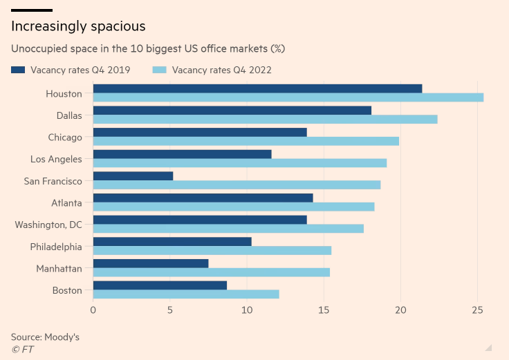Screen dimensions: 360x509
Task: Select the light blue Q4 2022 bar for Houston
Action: pyautogui.click(x=288, y=97)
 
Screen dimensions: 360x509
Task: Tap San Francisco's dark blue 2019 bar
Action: pyautogui.click(x=133, y=176)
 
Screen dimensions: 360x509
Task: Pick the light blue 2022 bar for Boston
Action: pyautogui.click(x=186, y=294)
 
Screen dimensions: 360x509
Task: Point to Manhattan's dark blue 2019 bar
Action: pyautogui.click(x=151, y=263)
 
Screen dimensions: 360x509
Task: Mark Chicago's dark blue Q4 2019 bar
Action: pyautogui.click(x=200, y=132)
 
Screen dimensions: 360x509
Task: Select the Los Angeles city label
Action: pyautogui.click(x=56, y=159)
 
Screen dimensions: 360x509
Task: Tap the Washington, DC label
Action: pyautogui.click(x=48, y=225)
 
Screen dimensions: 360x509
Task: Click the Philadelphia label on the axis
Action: pyautogui.click(x=56, y=247)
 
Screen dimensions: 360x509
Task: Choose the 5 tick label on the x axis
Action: pyautogui.click(x=170, y=311)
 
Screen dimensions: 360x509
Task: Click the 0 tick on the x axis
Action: pyautogui.click(x=93, y=311)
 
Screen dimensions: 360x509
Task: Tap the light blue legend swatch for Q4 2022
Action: pyautogui.click(x=160, y=70)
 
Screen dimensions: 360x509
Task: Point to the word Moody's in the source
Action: pyautogui.click(x=62, y=337)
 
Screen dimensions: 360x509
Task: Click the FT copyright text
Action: pyautogui.click(x=22, y=349)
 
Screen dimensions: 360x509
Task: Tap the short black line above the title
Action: pyautogui.click(x=32, y=10)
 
